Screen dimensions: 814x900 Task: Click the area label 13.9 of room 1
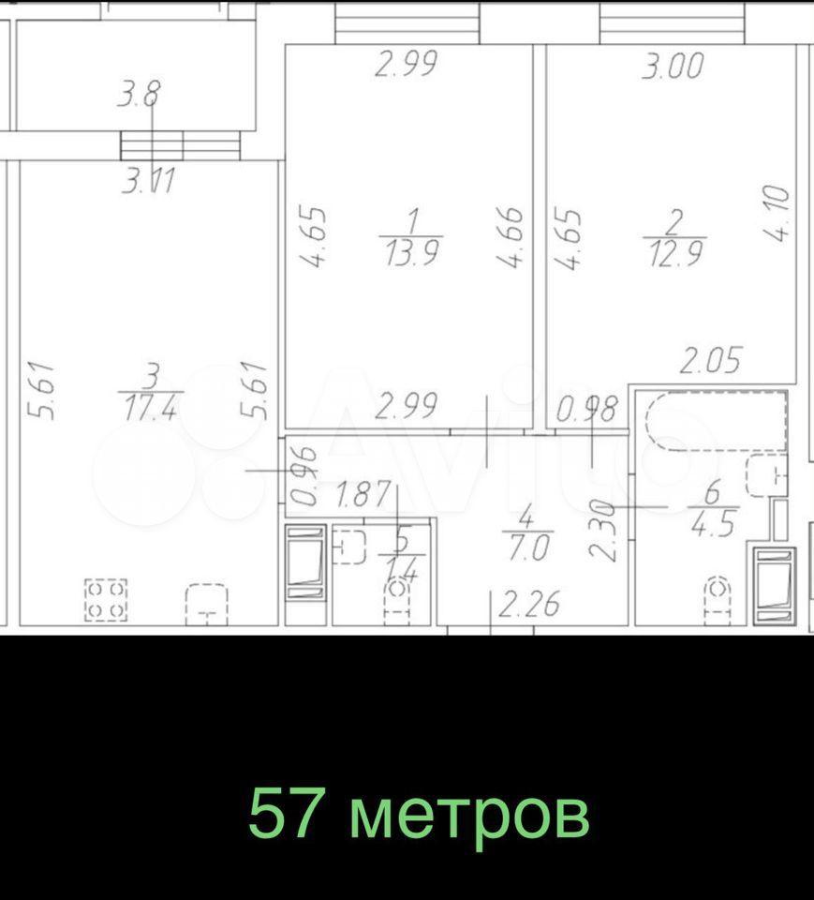pos(412,253)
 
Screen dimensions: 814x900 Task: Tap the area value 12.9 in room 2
pos(675,253)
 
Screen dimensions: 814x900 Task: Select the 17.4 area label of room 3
pos(150,408)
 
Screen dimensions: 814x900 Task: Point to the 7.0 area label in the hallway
pos(527,548)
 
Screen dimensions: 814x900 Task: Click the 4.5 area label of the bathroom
pos(713,524)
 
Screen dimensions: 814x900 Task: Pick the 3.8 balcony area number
pos(140,94)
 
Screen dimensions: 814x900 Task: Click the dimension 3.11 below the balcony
pos(148,182)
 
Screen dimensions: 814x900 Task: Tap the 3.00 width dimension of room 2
pos(673,65)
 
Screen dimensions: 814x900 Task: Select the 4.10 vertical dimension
pos(777,213)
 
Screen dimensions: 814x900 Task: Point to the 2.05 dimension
pos(711,360)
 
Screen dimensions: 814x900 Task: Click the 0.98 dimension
pos(587,409)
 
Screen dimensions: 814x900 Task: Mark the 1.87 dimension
pos(363,495)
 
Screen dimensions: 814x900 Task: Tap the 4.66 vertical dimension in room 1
pos(511,237)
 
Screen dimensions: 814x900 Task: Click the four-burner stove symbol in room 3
pos(106,600)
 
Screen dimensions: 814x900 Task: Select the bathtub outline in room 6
pos(717,421)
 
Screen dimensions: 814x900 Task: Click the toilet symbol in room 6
pos(716,600)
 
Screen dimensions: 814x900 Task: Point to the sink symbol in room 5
pos(349,547)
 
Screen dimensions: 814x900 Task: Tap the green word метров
pos(469,817)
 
